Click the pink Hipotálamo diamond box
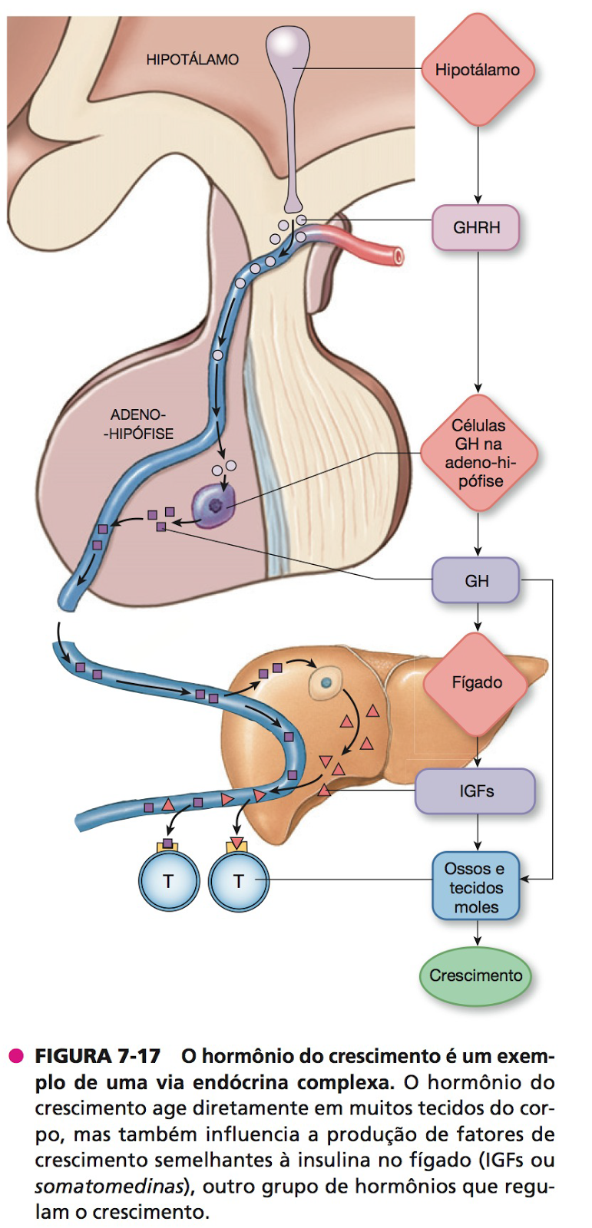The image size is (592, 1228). (478, 70)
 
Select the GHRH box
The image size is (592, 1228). (476, 228)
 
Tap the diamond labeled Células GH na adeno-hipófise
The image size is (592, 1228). (478, 453)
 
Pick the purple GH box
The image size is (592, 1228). (476, 581)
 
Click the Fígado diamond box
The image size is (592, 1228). (477, 683)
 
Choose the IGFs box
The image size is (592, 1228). (476, 791)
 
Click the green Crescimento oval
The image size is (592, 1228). (475, 975)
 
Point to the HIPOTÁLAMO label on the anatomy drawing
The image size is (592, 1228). (192, 59)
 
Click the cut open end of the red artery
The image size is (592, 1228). (397, 256)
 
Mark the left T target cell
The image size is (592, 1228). (168, 881)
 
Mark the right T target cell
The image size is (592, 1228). (238, 881)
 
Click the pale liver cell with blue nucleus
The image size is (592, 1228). (326, 682)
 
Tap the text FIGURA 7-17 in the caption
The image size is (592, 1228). (98, 1056)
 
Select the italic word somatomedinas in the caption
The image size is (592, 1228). (107, 1186)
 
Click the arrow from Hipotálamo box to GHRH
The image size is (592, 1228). (478, 165)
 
